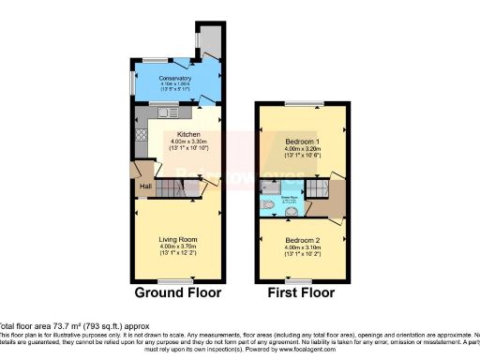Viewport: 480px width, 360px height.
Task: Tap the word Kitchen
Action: (176, 134)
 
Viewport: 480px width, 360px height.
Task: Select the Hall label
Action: (146, 187)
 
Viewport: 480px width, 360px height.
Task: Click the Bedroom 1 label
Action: (301, 142)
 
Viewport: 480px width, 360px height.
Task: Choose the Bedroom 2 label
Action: (301, 239)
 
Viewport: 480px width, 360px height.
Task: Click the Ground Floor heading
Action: (177, 292)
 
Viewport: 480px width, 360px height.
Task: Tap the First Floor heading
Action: (301, 292)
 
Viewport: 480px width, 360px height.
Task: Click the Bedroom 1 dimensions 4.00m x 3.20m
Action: (301, 150)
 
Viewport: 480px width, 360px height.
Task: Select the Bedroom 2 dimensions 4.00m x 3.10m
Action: (301, 247)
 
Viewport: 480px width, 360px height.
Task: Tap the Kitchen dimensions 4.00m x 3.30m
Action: (176, 142)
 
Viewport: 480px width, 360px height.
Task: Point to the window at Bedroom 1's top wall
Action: (301, 103)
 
